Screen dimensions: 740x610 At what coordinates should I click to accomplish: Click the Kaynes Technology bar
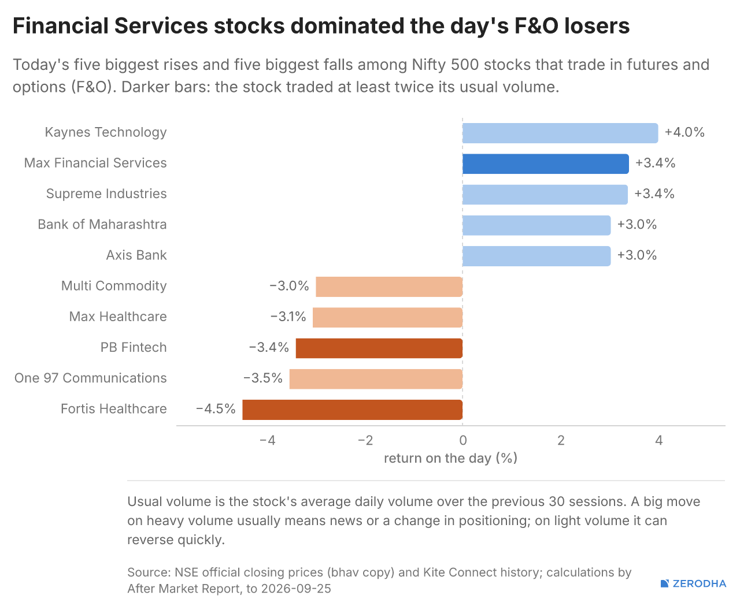(x=560, y=133)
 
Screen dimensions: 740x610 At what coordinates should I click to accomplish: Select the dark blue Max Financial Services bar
(x=545, y=163)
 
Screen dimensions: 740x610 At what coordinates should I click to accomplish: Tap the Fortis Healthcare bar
(x=352, y=410)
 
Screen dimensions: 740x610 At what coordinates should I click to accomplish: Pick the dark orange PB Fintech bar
(x=379, y=348)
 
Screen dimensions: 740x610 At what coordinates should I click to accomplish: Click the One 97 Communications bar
(x=376, y=379)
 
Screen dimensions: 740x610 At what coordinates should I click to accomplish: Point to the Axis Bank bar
(x=536, y=256)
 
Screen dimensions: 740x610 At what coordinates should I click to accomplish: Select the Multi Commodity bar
(x=389, y=287)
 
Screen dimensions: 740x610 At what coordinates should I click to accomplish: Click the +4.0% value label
(x=684, y=132)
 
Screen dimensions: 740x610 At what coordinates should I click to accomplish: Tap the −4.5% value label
(x=216, y=409)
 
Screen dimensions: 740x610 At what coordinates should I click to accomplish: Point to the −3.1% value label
(x=288, y=317)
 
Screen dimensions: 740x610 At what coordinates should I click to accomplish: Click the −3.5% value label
(x=263, y=378)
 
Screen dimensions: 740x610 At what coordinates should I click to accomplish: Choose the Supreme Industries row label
(x=106, y=194)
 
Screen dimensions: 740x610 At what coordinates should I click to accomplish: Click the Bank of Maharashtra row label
(x=102, y=225)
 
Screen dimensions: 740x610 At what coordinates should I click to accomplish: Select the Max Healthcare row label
(x=118, y=317)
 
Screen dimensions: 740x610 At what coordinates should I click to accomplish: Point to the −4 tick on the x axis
(x=267, y=440)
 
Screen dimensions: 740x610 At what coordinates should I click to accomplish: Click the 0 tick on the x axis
(x=463, y=440)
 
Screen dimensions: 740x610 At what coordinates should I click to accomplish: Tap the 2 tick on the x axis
(x=561, y=440)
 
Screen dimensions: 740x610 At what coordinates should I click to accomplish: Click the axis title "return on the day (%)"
(x=451, y=459)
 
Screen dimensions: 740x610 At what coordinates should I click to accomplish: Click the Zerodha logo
(x=693, y=583)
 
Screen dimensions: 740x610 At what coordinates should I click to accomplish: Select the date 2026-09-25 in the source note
(x=296, y=589)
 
